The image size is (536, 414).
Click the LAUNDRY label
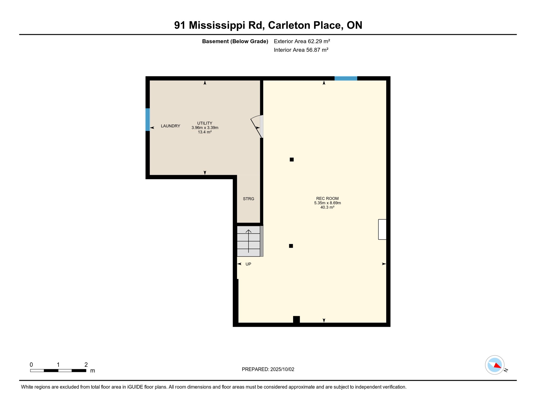(x=170, y=126)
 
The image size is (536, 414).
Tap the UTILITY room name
(x=205, y=123)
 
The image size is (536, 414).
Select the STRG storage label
(x=248, y=199)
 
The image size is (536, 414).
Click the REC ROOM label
(x=327, y=198)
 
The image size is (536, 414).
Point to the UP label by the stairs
(x=248, y=264)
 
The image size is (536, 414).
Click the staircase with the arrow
(x=248, y=241)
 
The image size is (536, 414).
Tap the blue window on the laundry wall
(x=147, y=119)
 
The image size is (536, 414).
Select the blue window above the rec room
(x=346, y=78)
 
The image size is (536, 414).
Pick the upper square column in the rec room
(x=291, y=160)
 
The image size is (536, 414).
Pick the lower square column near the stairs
(x=291, y=246)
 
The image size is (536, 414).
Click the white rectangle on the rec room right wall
(x=382, y=229)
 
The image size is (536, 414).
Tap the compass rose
(x=494, y=365)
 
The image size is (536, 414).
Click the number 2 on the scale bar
(x=86, y=365)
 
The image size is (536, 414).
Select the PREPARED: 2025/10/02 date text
(x=268, y=369)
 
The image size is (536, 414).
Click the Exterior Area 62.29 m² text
(x=302, y=41)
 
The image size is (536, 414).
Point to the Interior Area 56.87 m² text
(x=301, y=50)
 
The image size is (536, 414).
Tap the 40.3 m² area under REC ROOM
(x=327, y=207)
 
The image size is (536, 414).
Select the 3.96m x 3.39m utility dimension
(x=205, y=128)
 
